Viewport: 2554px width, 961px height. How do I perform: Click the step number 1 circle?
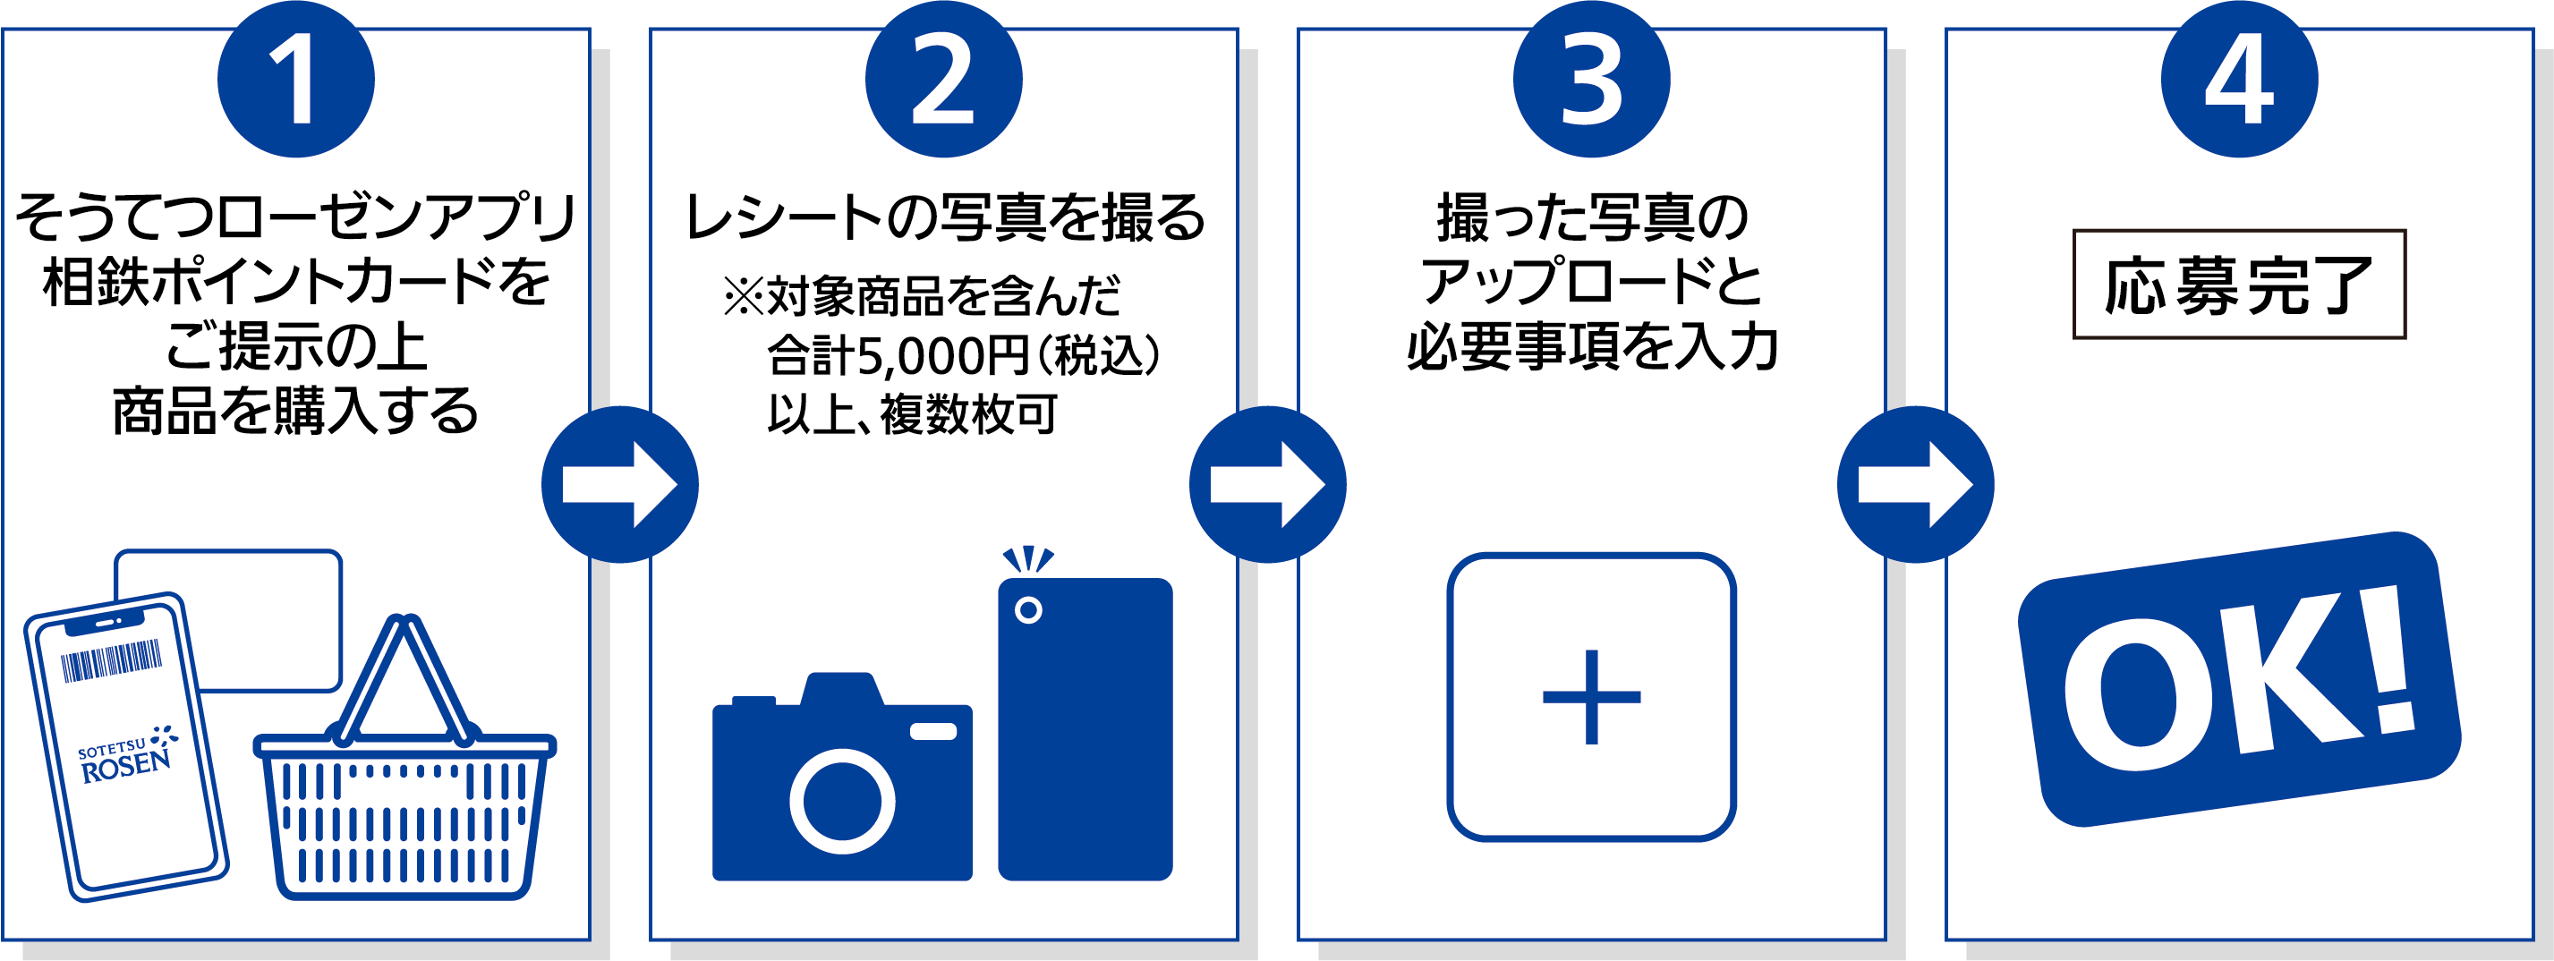point(295,79)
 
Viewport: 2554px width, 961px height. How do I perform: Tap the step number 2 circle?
point(943,79)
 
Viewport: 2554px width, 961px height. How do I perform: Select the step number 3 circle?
point(1591,79)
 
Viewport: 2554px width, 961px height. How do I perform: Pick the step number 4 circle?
point(2240,79)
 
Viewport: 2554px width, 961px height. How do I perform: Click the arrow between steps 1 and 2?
point(619,485)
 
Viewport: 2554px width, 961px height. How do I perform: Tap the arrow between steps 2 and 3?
point(1268,485)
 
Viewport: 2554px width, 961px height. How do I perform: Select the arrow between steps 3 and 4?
point(1915,485)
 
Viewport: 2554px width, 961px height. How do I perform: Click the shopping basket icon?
point(404,760)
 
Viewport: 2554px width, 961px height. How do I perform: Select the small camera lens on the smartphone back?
point(1028,610)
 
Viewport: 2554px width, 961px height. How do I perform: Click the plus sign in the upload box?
point(1591,697)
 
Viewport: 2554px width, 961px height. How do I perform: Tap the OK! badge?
point(2239,680)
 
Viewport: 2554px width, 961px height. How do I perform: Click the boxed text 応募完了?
point(2239,285)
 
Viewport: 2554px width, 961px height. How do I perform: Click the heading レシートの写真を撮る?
point(944,218)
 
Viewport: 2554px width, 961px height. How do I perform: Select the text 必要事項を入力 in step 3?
point(1592,347)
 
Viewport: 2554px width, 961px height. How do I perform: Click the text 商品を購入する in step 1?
point(295,411)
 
